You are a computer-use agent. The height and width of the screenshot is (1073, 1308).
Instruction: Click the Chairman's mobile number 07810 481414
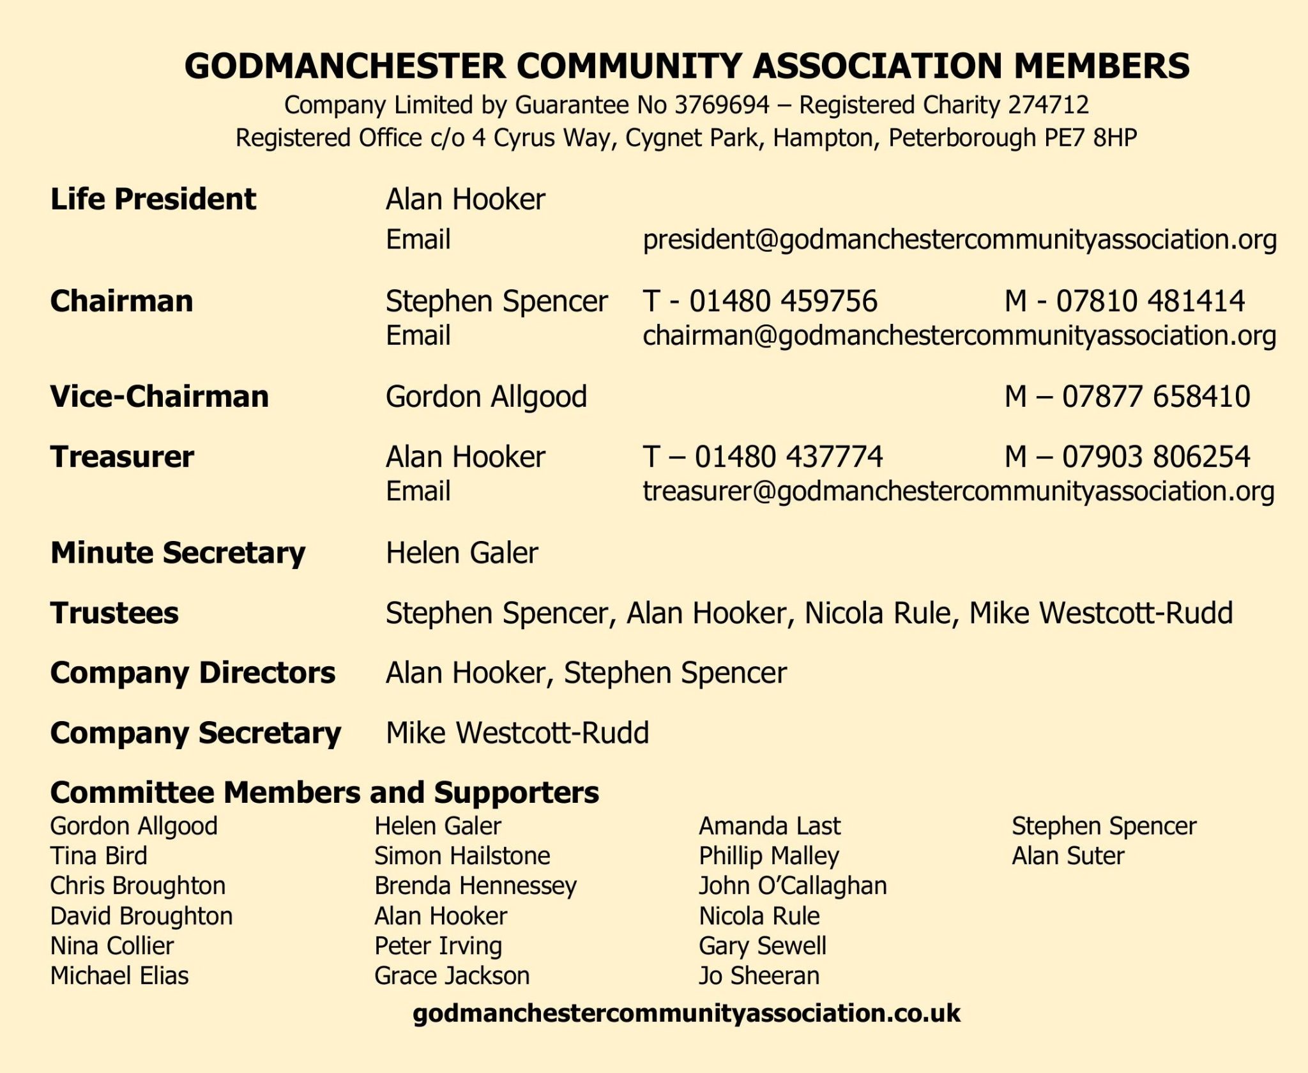(x=1150, y=301)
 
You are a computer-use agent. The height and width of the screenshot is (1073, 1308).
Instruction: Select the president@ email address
(x=959, y=240)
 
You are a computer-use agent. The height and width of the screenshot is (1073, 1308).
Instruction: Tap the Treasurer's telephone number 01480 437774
(x=788, y=457)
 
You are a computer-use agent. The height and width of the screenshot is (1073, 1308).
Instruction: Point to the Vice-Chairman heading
(x=159, y=397)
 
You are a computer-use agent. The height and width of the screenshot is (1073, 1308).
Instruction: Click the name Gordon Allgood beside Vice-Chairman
(x=486, y=397)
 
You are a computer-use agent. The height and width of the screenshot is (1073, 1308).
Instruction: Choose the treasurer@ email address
(x=958, y=491)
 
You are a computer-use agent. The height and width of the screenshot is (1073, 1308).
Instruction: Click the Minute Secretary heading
(x=178, y=553)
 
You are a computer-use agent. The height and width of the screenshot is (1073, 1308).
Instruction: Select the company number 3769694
(x=722, y=105)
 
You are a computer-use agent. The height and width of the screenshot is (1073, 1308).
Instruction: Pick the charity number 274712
(x=1048, y=105)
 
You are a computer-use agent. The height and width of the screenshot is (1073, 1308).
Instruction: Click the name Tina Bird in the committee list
(x=98, y=856)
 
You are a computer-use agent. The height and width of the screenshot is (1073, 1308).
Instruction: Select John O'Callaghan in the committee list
(x=793, y=886)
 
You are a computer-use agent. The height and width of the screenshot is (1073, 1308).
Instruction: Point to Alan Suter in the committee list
(x=1067, y=856)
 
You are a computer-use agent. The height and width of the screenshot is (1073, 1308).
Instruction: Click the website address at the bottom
(x=687, y=1013)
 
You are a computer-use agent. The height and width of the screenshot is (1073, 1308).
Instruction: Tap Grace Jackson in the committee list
(x=452, y=976)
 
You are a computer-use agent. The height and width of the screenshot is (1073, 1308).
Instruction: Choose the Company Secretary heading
(x=195, y=733)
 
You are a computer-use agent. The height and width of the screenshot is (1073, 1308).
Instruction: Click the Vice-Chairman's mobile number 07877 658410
(x=1155, y=397)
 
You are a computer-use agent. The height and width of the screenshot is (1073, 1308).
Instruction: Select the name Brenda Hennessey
(x=475, y=886)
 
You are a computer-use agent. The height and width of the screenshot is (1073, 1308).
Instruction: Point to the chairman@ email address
(x=959, y=336)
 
